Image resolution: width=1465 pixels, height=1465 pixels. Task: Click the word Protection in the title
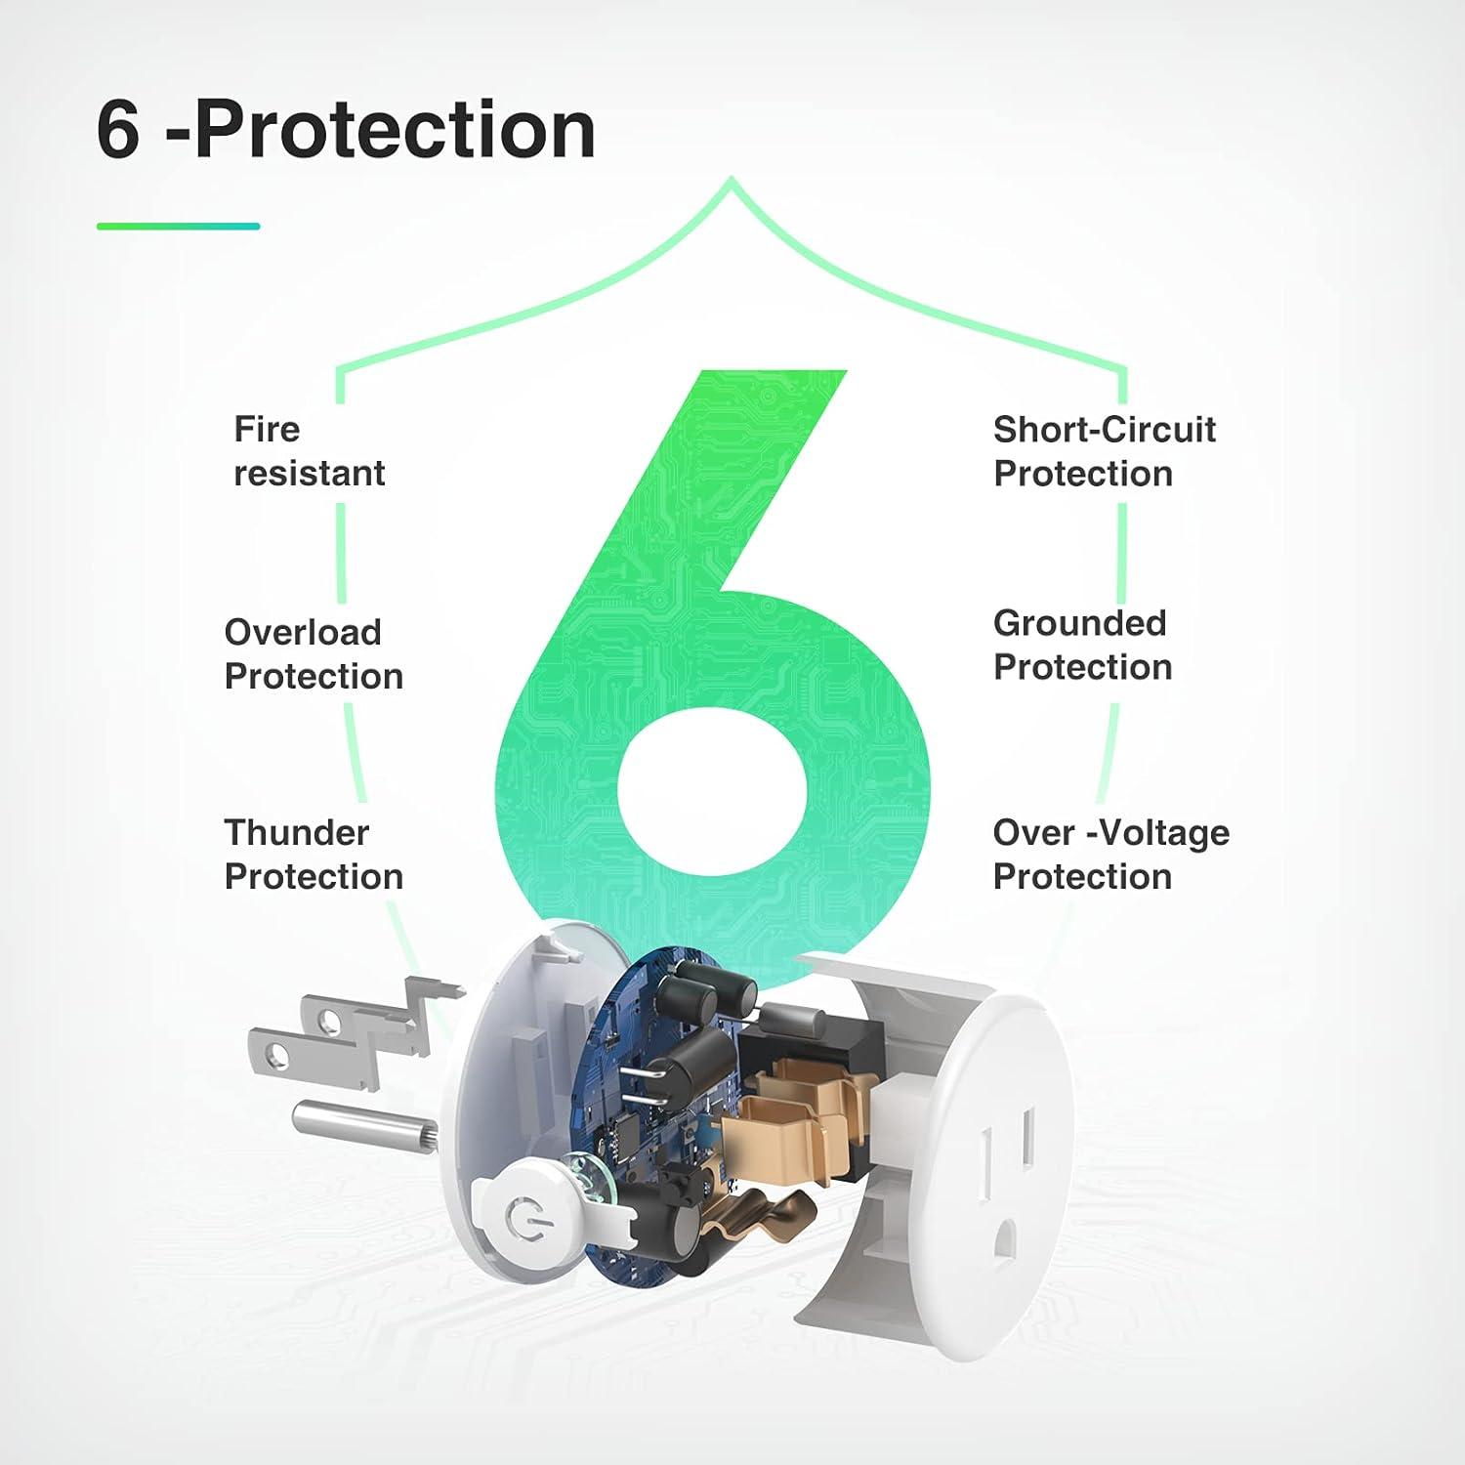click(x=395, y=131)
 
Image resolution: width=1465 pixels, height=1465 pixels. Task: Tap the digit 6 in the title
click(x=118, y=131)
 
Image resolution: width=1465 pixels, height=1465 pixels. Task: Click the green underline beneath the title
click(x=178, y=227)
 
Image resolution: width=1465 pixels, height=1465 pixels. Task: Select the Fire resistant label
click(x=309, y=451)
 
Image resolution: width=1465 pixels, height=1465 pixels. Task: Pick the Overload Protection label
click(x=314, y=654)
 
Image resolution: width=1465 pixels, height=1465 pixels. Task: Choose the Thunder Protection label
click(x=314, y=855)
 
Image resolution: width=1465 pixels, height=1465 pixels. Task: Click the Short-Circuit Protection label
click(x=1104, y=451)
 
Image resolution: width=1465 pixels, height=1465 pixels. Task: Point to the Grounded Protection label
click(x=1082, y=645)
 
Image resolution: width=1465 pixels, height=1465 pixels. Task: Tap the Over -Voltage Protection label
click(x=1110, y=855)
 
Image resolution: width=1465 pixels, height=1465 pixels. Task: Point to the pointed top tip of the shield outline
click(x=732, y=180)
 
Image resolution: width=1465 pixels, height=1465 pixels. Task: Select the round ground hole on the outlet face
click(x=1005, y=1242)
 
